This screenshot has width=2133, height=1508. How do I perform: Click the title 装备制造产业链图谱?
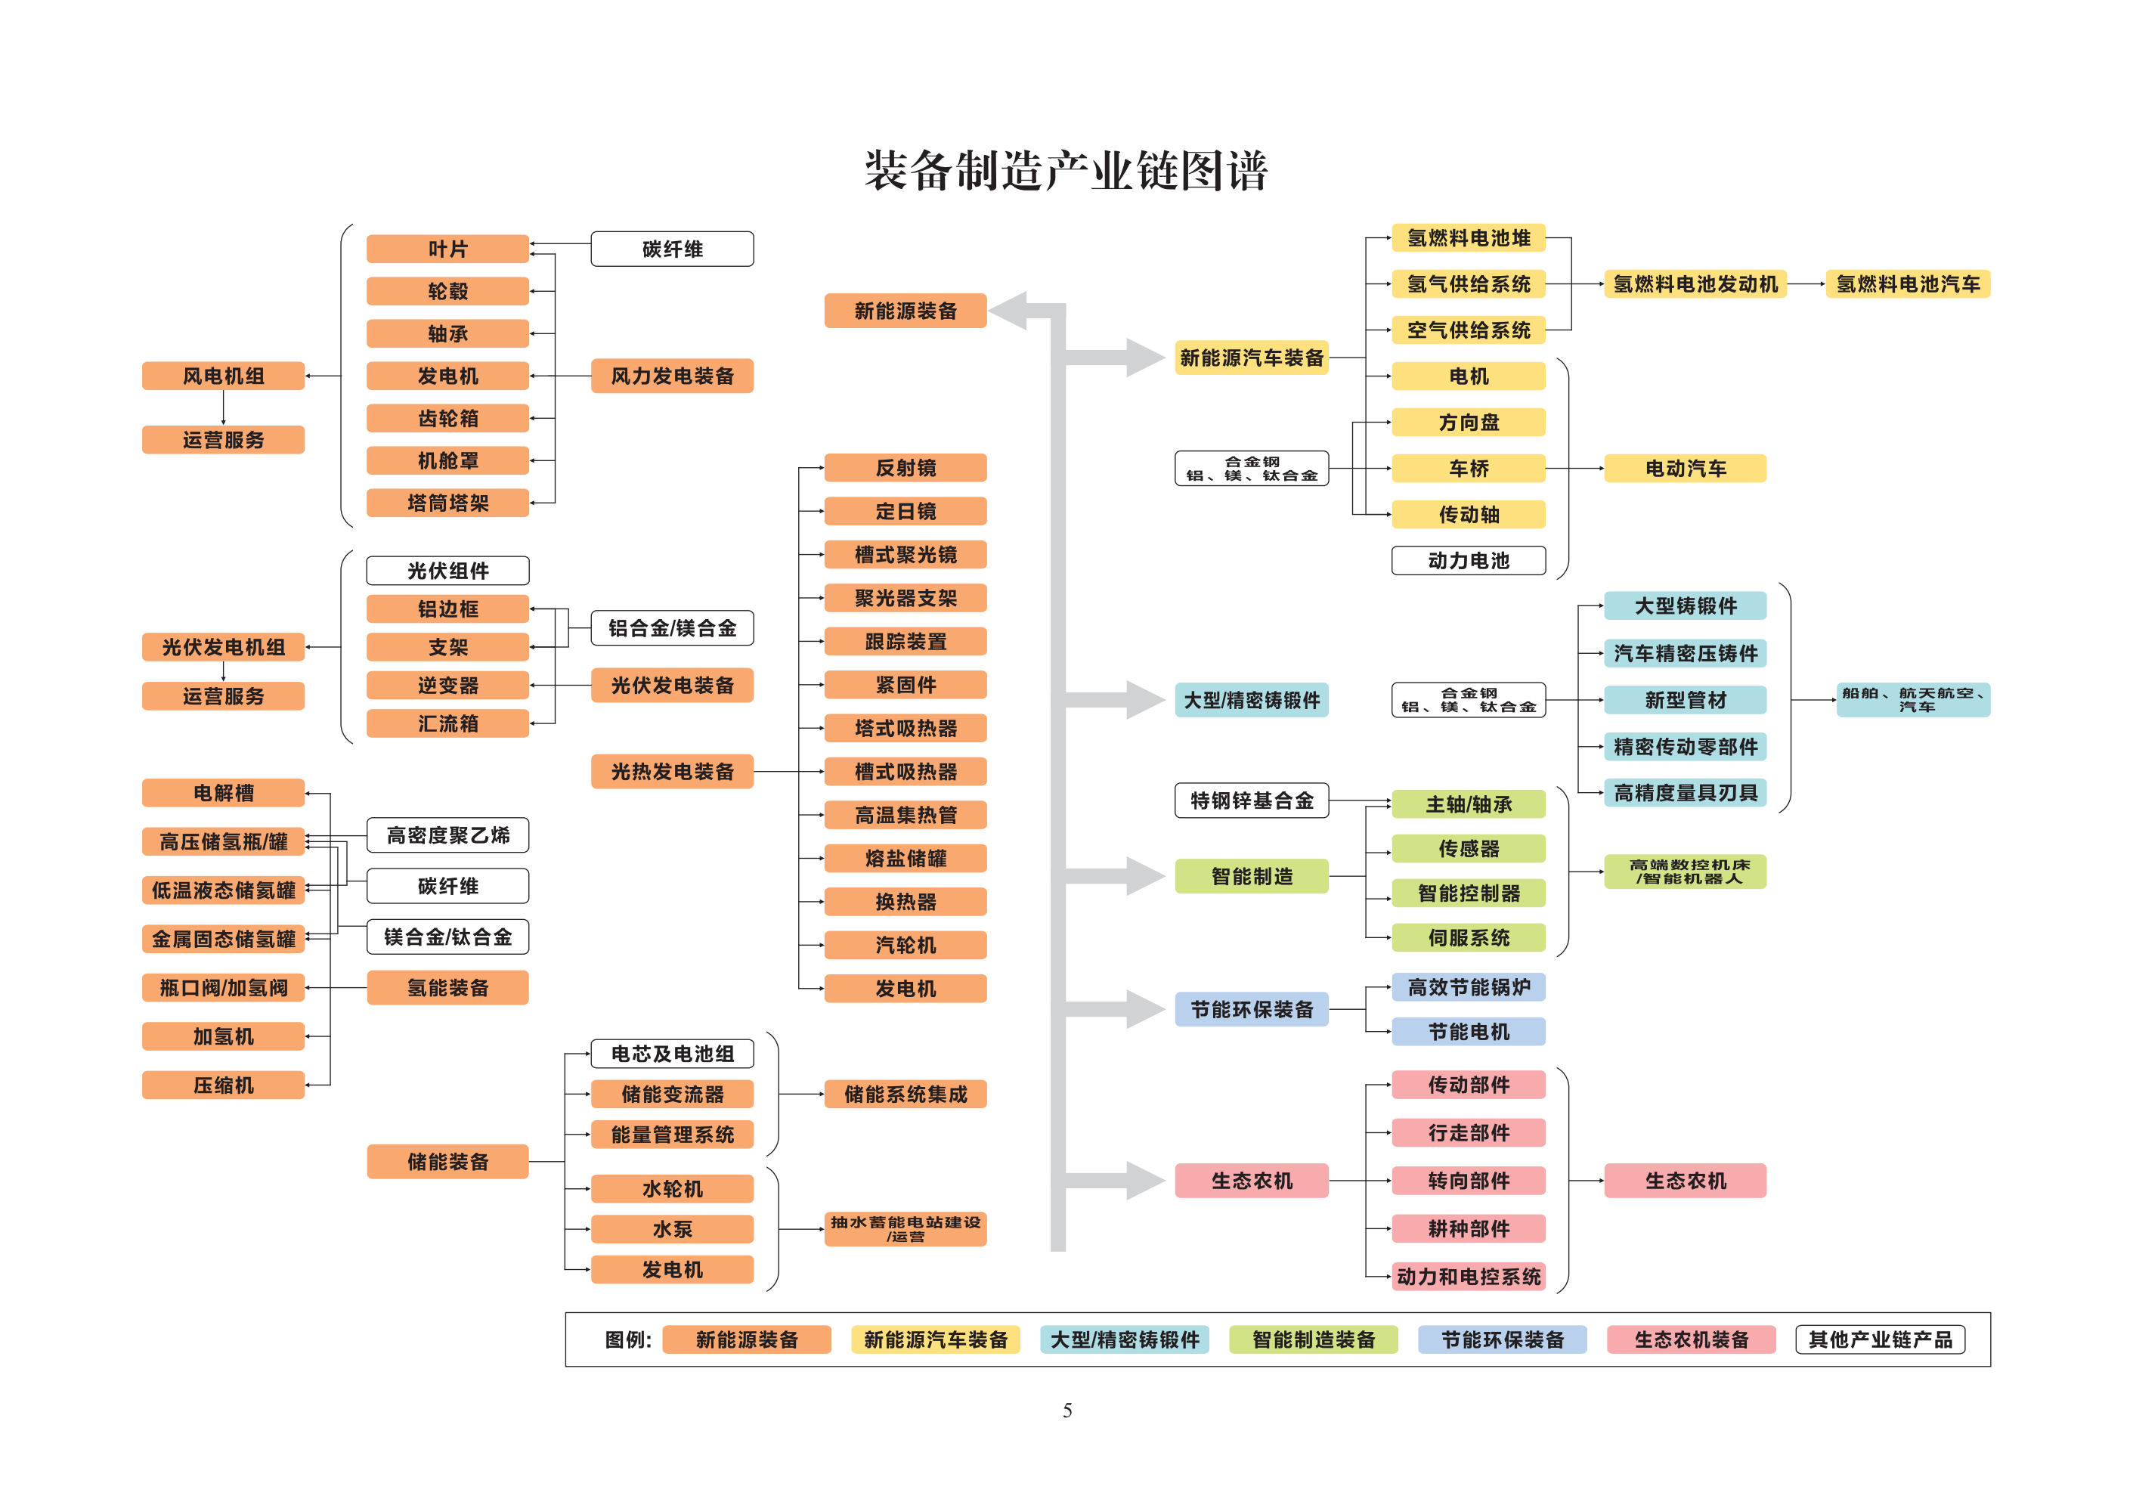point(1066,171)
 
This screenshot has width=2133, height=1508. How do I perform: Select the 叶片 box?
point(447,249)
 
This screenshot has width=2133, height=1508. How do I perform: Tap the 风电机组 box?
point(223,376)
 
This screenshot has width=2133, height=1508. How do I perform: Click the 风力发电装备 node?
point(673,376)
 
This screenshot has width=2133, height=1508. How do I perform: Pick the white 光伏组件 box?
point(447,571)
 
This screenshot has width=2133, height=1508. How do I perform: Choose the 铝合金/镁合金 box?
point(673,628)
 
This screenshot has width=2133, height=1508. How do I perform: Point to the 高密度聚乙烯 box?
point(447,835)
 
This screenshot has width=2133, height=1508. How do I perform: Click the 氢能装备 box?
point(447,988)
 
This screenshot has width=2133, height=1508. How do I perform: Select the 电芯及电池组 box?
point(673,1054)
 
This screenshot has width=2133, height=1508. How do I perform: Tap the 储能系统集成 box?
point(906,1095)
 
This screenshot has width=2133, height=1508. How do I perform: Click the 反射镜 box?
point(906,467)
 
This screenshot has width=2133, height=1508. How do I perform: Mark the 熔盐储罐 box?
point(906,859)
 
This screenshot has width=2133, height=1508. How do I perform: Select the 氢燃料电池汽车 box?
point(1909,284)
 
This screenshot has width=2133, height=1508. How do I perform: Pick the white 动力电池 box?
point(1469,560)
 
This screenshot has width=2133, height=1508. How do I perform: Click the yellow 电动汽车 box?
point(1686,469)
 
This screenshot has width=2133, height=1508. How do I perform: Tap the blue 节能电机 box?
point(1469,1031)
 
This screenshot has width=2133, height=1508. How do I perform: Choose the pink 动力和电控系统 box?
point(1469,1277)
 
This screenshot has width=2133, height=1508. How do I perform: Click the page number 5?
point(1067,1410)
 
